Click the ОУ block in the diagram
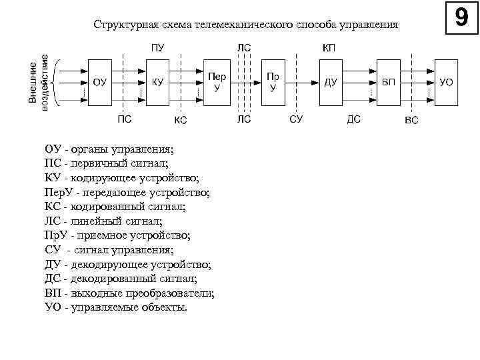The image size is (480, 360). click(99, 82)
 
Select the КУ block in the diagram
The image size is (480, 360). click(158, 82)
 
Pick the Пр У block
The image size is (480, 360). click(272, 82)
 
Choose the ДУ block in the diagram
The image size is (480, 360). click(330, 82)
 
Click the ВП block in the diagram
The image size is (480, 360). click(388, 82)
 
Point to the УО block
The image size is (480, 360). click(446, 82)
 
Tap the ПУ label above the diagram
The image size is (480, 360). click(157, 48)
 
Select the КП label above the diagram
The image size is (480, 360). click(329, 48)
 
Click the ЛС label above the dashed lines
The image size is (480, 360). click(244, 48)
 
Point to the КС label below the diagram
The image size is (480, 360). click(180, 121)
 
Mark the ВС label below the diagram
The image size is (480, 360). click(412, 121)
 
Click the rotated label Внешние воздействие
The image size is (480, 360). click(38, 82)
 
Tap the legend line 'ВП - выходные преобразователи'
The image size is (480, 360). click(129, 293)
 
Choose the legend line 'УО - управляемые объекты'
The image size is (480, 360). click(116, 307)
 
